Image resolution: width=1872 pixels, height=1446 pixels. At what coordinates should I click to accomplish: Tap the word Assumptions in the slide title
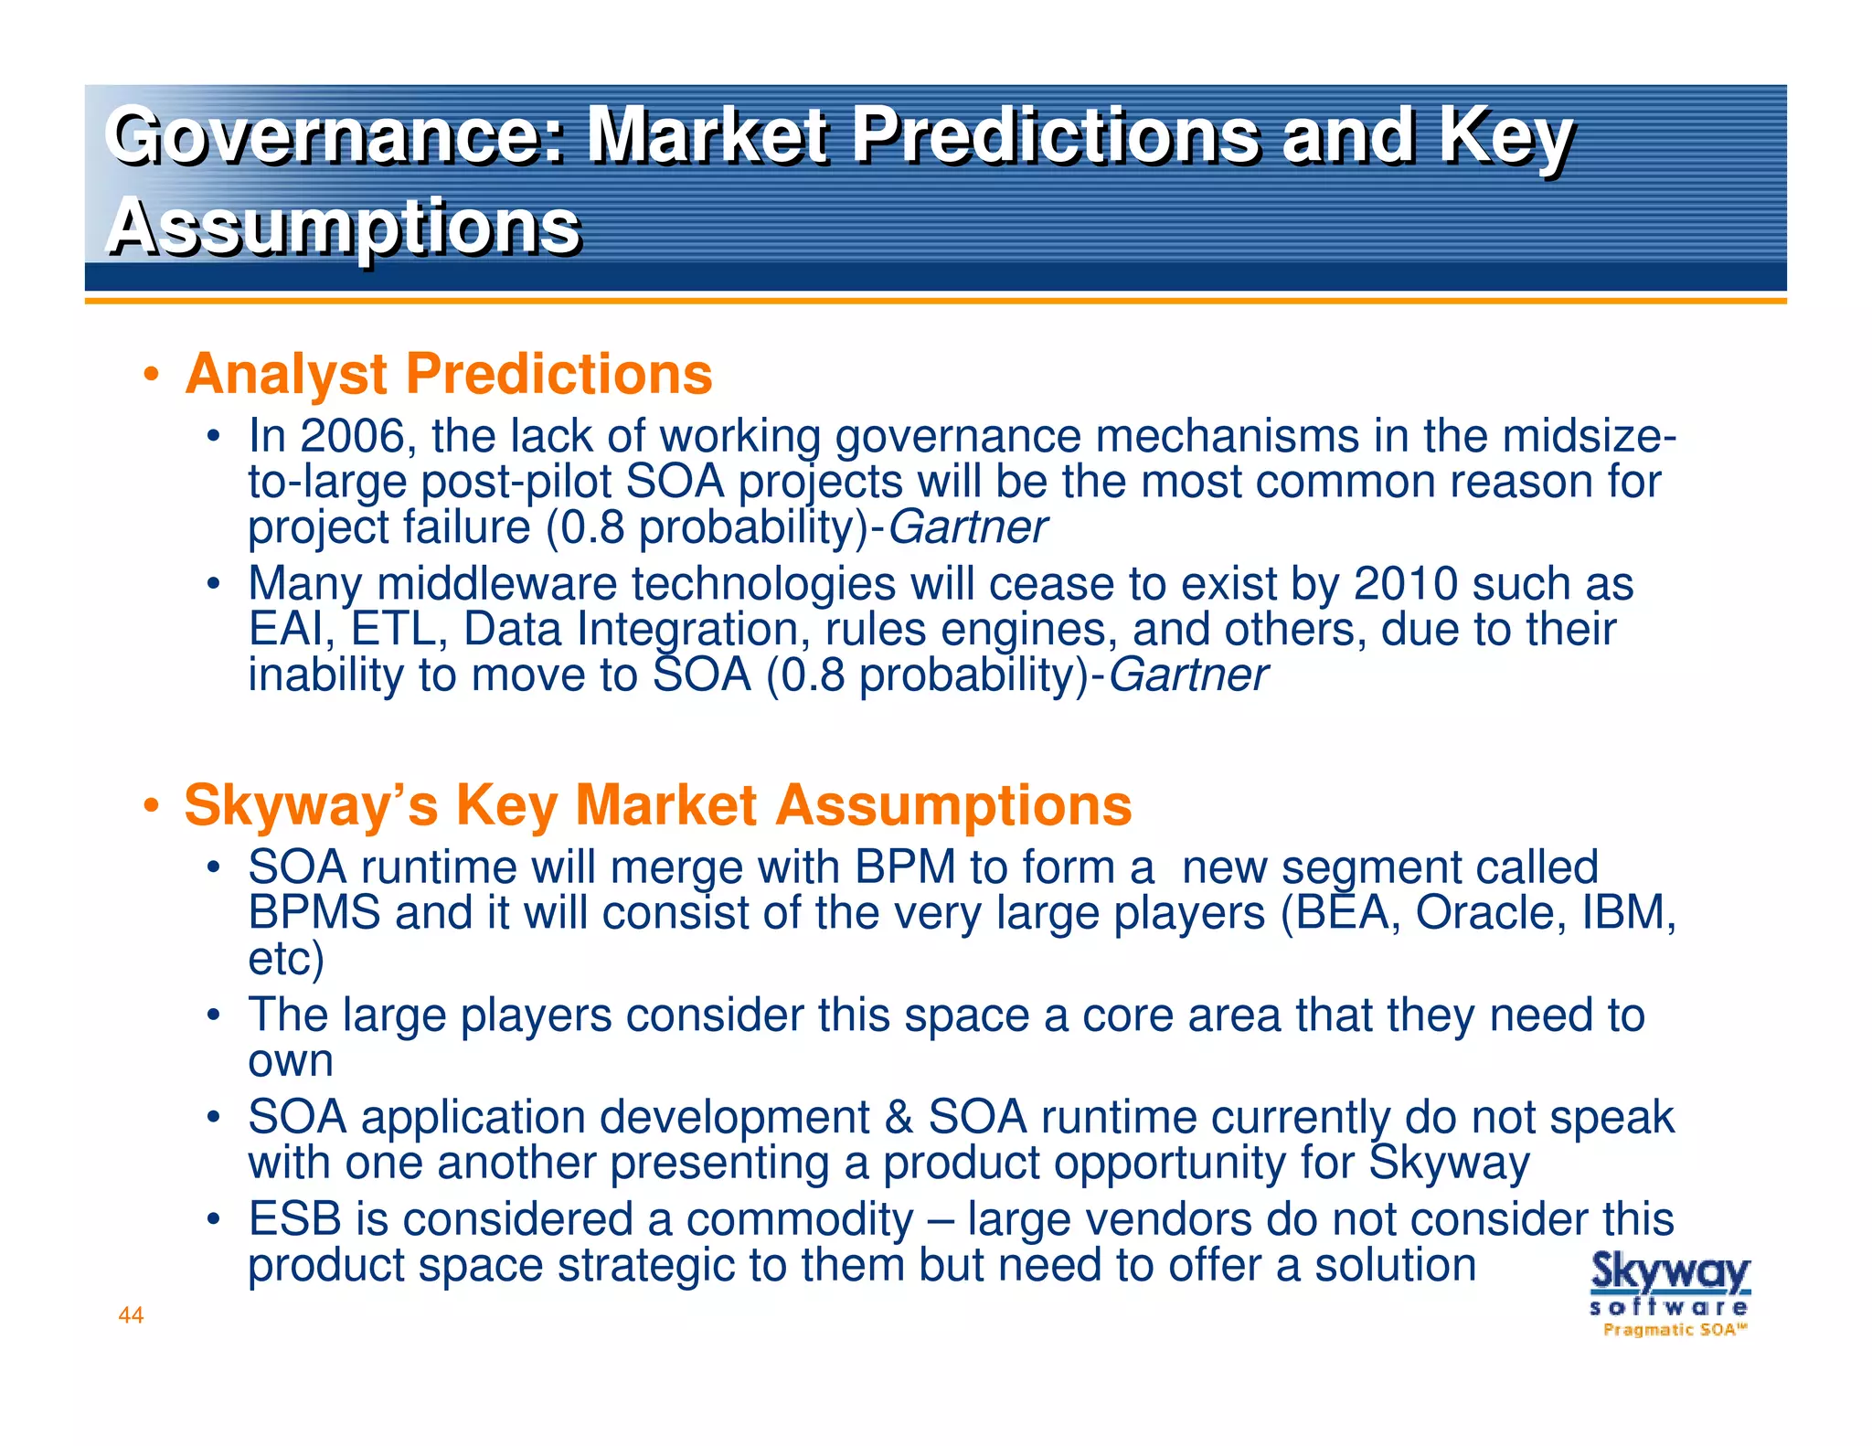pos(344,227)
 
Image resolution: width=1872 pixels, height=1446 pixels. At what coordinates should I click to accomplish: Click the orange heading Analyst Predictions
pos(448,375)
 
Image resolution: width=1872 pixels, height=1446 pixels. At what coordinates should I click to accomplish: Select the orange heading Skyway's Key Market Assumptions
pos(657,805)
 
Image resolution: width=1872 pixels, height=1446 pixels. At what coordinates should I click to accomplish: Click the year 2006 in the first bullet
pos(353,436)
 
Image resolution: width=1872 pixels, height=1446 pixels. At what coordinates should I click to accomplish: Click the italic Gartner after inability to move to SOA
pos(1187,675)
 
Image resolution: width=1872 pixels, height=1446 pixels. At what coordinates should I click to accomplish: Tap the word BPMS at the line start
pos(314,912)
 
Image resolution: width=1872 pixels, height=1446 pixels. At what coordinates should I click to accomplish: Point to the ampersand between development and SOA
pos(899,1117)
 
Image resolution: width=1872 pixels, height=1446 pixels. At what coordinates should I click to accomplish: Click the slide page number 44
pos(131,1315)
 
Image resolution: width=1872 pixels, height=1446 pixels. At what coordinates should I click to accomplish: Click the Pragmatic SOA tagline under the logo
pos(1674,1330)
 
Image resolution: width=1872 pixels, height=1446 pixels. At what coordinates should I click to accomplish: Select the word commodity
pos(799,1219)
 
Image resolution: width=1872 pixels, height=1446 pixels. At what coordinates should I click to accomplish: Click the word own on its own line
pos(291,1061)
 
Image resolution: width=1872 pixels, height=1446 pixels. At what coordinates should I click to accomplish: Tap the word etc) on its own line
pos(285,959)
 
